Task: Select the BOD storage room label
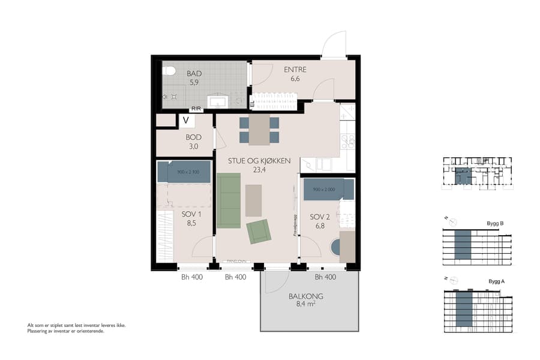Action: click(193, 137)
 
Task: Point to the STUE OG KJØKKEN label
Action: click(259, 161)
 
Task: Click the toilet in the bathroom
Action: click(169, 71)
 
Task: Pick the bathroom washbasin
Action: click(217, 101)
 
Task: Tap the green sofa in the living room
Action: click(229, 200)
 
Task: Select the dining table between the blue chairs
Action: click(259, 130)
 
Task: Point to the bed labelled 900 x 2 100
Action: click(184, 172)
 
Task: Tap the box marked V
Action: click(187, 121)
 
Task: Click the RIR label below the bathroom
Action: click(196, 109)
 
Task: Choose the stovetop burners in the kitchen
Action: click(348, 142)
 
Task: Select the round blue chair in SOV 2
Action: click(335, 247)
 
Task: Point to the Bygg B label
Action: click(496, 224)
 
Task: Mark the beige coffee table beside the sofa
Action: click(254, 200)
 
